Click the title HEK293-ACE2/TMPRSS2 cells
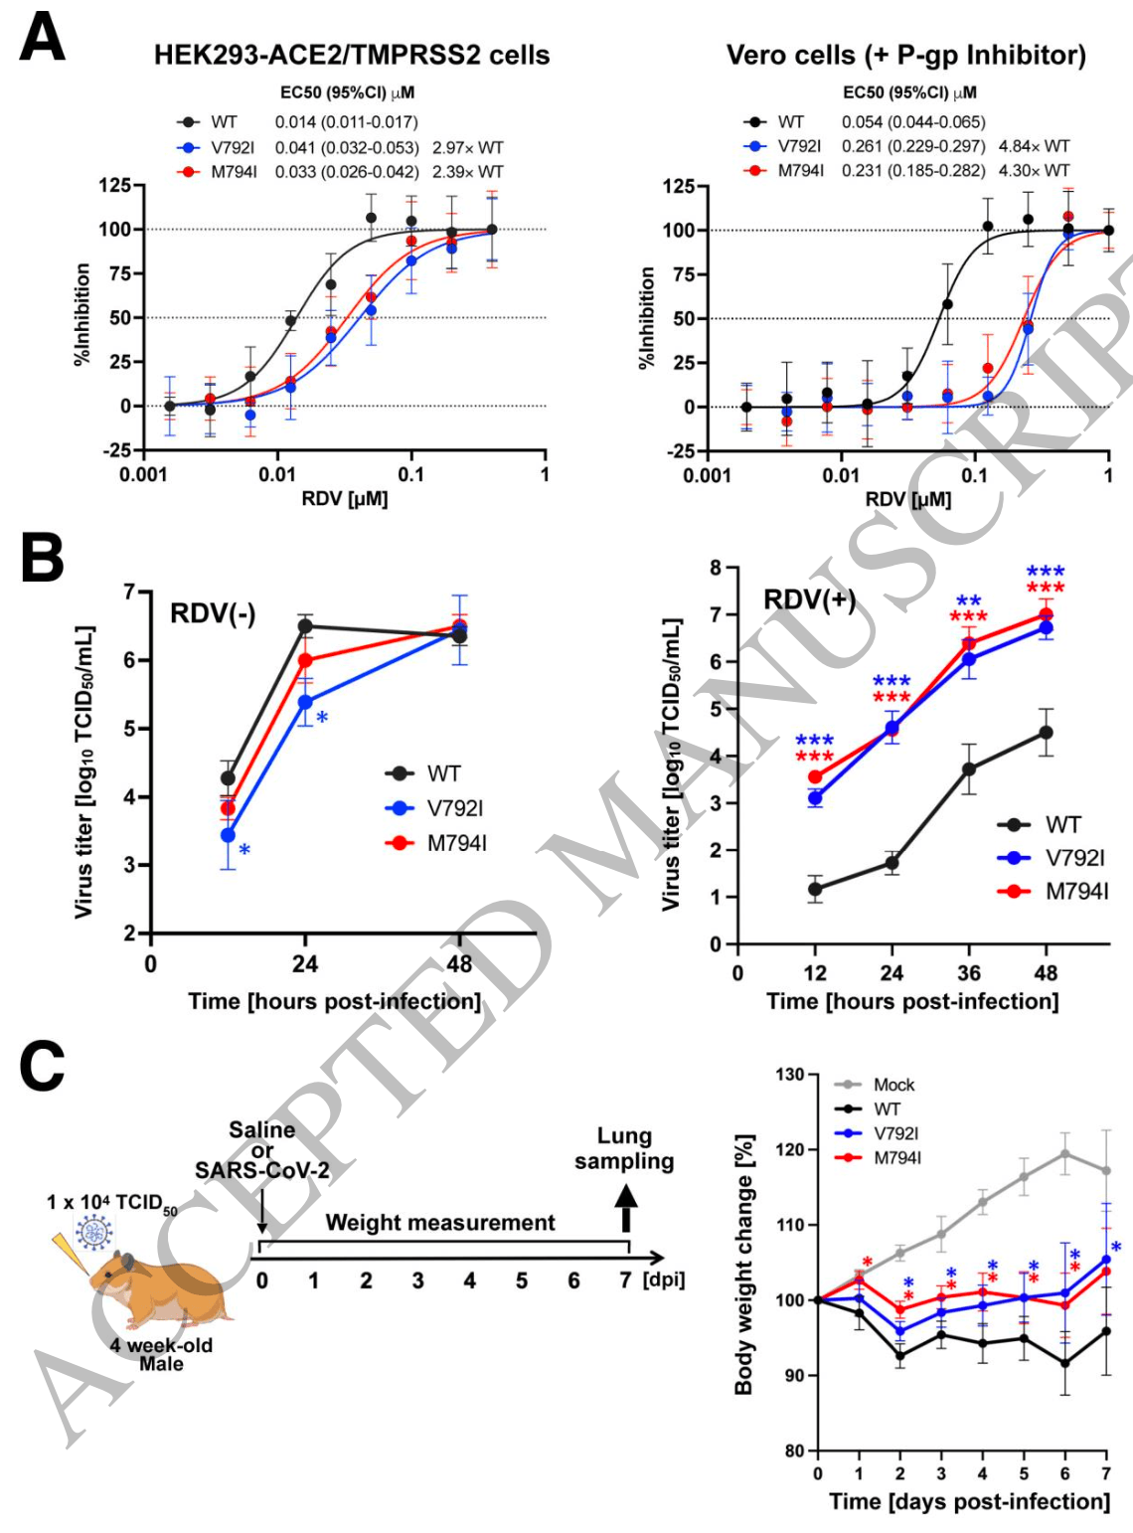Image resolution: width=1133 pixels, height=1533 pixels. tap(351, 55)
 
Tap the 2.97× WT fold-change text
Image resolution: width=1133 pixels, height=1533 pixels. tap(467, 147)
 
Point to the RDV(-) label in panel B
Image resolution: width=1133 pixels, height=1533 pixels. tap(213, 613)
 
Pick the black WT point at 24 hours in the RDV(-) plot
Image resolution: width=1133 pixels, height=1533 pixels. tap(305, 626)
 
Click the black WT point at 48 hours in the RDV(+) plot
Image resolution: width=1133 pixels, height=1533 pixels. tap(1046, 733)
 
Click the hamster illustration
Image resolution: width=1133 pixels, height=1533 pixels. tap(164, 1287)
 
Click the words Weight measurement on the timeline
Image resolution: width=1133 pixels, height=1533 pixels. tap(440, 1223)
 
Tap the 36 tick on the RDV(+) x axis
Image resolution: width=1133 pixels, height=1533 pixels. tap(969, 973)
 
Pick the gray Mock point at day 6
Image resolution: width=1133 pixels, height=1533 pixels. tap(1064, 1154)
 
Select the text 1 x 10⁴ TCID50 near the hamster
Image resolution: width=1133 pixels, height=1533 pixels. tap(111, 1203)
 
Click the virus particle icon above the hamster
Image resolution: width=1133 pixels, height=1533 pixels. tap(95, 1234)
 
